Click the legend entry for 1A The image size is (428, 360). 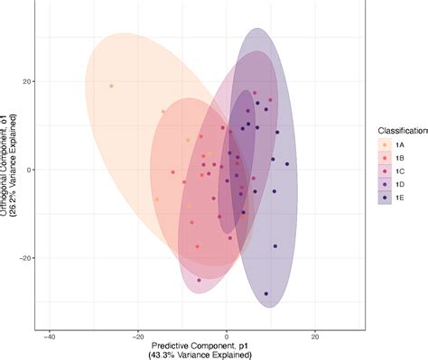[395, 143]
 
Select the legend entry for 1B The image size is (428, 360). [395, 156]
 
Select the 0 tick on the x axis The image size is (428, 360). [227, 336]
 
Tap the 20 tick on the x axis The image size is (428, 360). [315, 336]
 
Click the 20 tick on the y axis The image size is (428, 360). [26, 81]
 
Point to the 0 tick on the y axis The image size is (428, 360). [28, 170]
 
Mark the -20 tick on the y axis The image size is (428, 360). [24, 258]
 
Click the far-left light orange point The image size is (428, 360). [111, 86]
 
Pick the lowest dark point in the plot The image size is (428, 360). [265, 293]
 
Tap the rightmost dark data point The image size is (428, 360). [287, 164]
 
